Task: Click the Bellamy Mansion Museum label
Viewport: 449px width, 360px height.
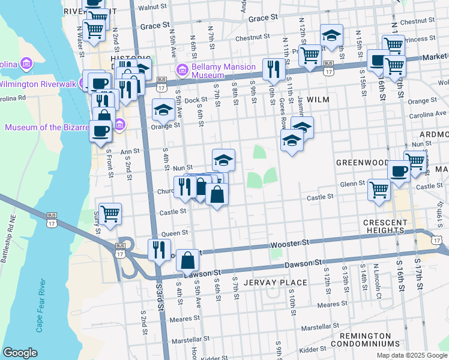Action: coord(215,71)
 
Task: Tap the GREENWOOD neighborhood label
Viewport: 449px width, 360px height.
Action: coord(362,162)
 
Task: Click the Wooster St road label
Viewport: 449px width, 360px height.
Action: coord(289,242)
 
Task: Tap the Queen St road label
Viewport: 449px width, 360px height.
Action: coord(175,232)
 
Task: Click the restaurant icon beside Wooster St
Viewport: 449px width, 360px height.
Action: coord(159,248)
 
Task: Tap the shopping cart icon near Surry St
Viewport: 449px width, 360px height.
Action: coord(110,213)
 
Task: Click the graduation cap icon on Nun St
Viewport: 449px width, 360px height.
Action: coord(223,159)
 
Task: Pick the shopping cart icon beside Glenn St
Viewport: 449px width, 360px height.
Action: coord(379,188)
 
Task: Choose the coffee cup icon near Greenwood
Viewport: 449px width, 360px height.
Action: coord(398,170)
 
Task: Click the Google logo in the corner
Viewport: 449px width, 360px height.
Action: coord(20,353)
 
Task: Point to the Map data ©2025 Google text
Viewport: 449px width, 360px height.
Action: coord(411,355)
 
